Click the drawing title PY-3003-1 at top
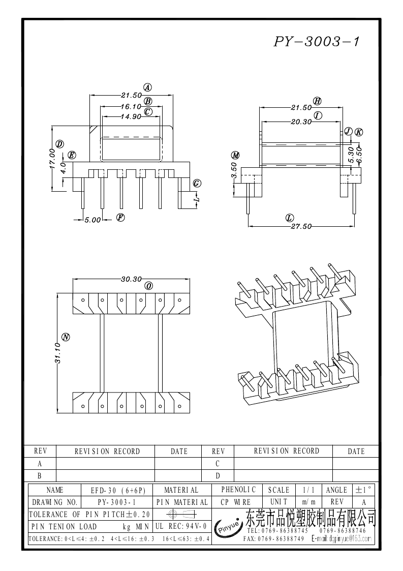pyautogui.click(x=317, y=42)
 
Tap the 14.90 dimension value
pyautogui.click(x=131, y=117)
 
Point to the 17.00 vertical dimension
pyautogui.click(x=52, y=159)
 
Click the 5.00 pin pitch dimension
pyautogui.click(x=92, y=220)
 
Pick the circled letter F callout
pyautogui.click(x=120, y=218)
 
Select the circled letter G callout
pyautogui.click(x=197, y=184)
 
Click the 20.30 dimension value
pyautogui.click(x=301, y=122)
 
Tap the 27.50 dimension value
pyautogui.click(x=301, y=227)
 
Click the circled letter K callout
pyautogui.click(x=359, y=132)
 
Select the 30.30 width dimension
pyautogui.click(x=131, y=279)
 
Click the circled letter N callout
pyautogui.click(x=66, y=337)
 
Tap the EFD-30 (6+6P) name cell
pyautogui.click(x=118, y=490)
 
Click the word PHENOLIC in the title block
pyautogui.click(x=238, y=490)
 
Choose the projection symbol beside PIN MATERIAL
pyautogui.click(x=181, y=514)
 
